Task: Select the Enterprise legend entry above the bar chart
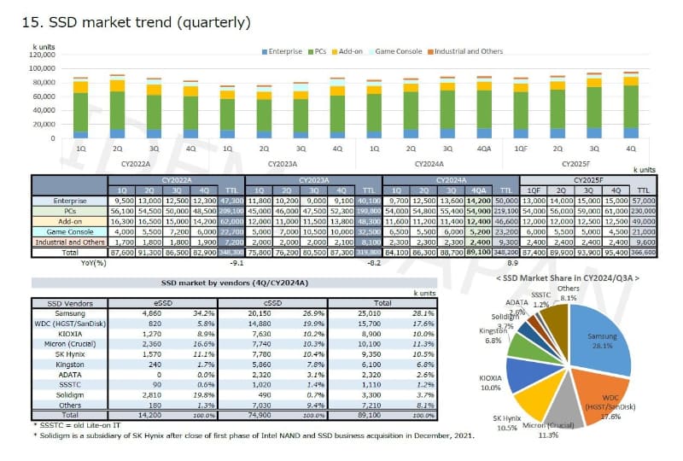click(x=283, y=52)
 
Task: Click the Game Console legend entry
click(x=399, y=52)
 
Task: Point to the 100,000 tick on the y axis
click(x=40, y=66)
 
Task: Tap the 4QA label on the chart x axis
click(x=485, y=147)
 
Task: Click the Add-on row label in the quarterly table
click(x=69, y=220)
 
